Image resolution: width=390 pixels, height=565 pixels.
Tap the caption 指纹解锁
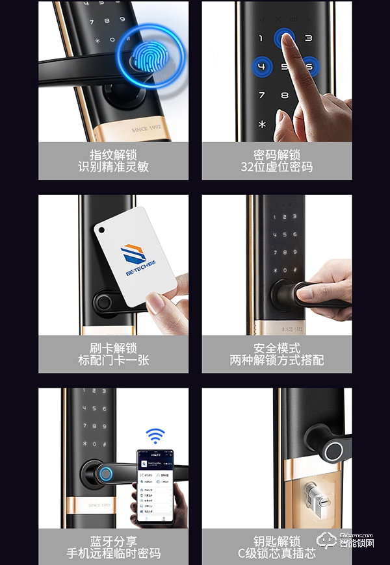[114, 155]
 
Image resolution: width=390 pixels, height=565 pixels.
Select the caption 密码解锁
[277, 155]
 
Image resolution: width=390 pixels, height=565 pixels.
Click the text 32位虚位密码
[277, 167]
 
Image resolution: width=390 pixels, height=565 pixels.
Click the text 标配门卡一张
[114, 360]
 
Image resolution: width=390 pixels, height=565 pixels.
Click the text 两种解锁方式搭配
[277, 360]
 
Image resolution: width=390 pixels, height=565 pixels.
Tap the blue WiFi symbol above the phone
[155, 435]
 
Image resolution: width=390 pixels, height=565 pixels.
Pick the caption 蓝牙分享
[114, 541]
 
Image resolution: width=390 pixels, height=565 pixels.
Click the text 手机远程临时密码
[114, 553]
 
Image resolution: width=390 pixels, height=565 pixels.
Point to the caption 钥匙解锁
[277, 541]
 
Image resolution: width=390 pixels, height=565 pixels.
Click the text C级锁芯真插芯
[277, 553]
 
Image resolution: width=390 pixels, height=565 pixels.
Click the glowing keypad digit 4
[262, 67]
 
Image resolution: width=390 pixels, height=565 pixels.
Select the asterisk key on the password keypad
[262, 123]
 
